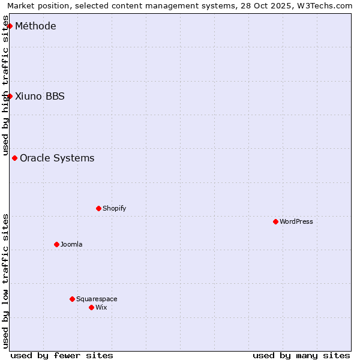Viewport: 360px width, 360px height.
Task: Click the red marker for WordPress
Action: pyautogui.click(x=275, y=221)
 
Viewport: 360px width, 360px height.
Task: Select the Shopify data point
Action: pyautogui.click(x=98, y=208)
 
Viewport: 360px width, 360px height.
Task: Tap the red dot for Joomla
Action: pyautogui.click(x=56, y=244)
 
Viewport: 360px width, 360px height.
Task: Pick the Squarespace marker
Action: pyautogui.click(x=72, y=299)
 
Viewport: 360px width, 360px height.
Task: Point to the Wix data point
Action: pyautogui.click(x=91, y=307)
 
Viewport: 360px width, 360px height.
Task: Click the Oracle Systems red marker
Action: pyautogui.click(x=14, y=158)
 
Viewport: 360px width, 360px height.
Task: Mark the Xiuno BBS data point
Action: pyautogui.click(x=10, y=96)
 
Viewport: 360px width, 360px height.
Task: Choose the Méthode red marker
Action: pyautogui.click(x=10, y=26)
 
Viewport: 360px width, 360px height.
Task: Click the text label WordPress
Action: pyautogui.click(x=296, y=221)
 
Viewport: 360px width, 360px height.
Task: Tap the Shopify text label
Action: pyautogui.click(x=114, y=208)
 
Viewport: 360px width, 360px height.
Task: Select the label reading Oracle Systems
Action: pyautogui.click(x=57, y=158)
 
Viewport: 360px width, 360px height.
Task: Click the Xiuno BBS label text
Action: pyautogui.click(x=40, y=97)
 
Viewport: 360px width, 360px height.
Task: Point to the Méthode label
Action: pyautogui.click(x=35, y=26)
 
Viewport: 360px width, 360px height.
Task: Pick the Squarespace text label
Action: pyautogui.click(x=97, y=299)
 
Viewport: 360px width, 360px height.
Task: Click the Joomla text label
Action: pyautogui.click(x=71, y=244)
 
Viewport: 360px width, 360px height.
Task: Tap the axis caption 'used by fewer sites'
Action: pyautogui.click(x=62, y=355)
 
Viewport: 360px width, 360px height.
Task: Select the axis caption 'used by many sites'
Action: pyautogui.click(x=301, y=355)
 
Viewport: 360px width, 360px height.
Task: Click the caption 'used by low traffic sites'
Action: pyautogui.click(x=5, y=281)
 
